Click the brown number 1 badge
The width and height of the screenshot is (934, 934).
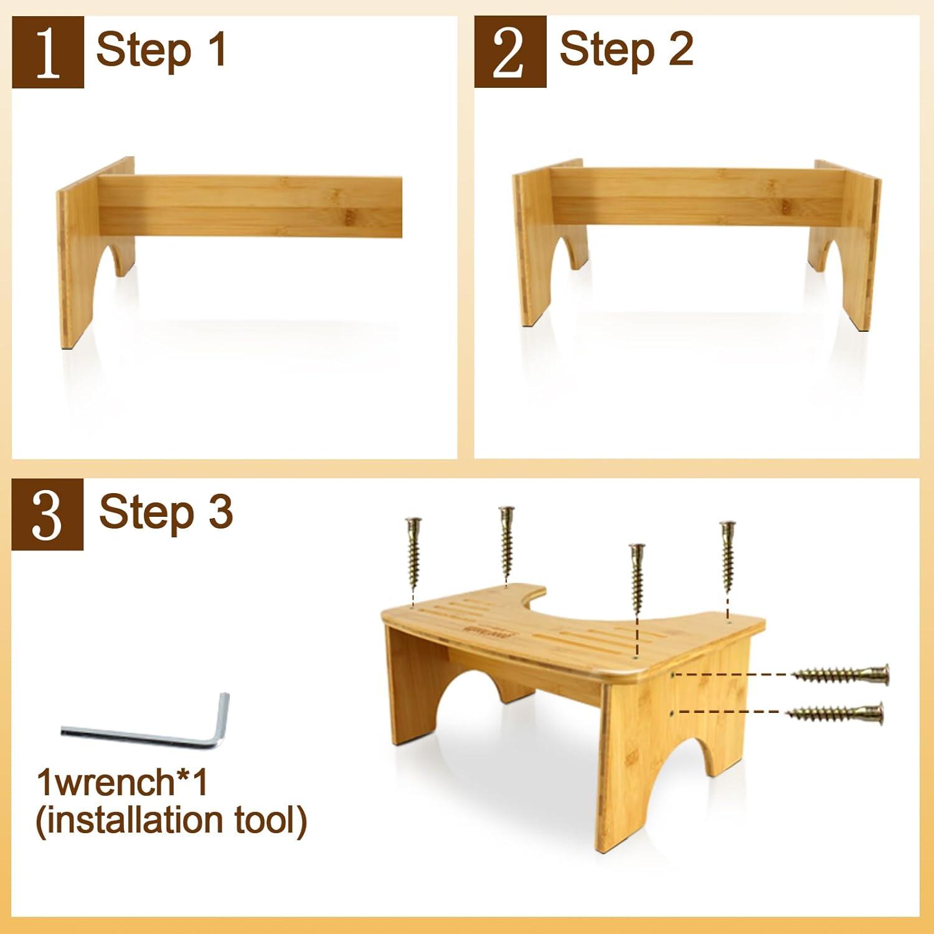pyautogui.click(x=48, y=52)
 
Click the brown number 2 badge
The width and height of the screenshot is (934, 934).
pyautogui.click(x=510, y=52)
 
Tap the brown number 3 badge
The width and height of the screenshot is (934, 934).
pyautogui.click(x=47, y=514)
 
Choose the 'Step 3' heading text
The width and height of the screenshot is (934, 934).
pyautogui.click(x=166, y=512)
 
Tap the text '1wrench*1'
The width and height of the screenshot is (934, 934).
pyautogui.click(x=122, y=782)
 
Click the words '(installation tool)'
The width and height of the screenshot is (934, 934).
pyautogui.click(x=171, y=821)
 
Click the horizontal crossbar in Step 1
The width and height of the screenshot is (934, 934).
pyautogui.click(x=249, y=205)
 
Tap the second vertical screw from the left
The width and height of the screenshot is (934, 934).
pyautogui.click(x=507, y=542)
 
